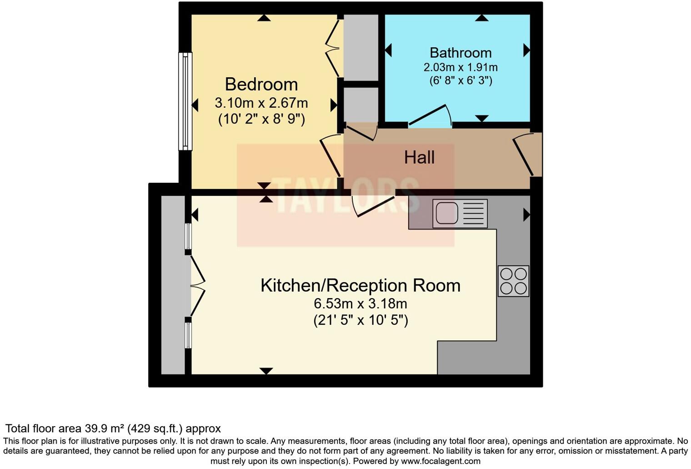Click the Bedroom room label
[x=261, y=85]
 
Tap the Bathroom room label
[x=461, y=53]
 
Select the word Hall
[x=419, y=158]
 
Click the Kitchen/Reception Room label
[x=360, y=285]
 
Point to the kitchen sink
[x=460, y=213]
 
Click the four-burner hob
[x=513, y=281]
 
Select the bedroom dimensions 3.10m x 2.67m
[x=261, y=103]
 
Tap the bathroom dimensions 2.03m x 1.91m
[x=461, y=68]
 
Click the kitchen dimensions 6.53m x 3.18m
[x=360, y=304]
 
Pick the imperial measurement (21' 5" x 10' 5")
[x=361, y=320]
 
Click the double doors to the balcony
[x=197, y=285]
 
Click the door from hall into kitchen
[x=374, y=207]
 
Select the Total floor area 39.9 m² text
[x=113, y=429]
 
